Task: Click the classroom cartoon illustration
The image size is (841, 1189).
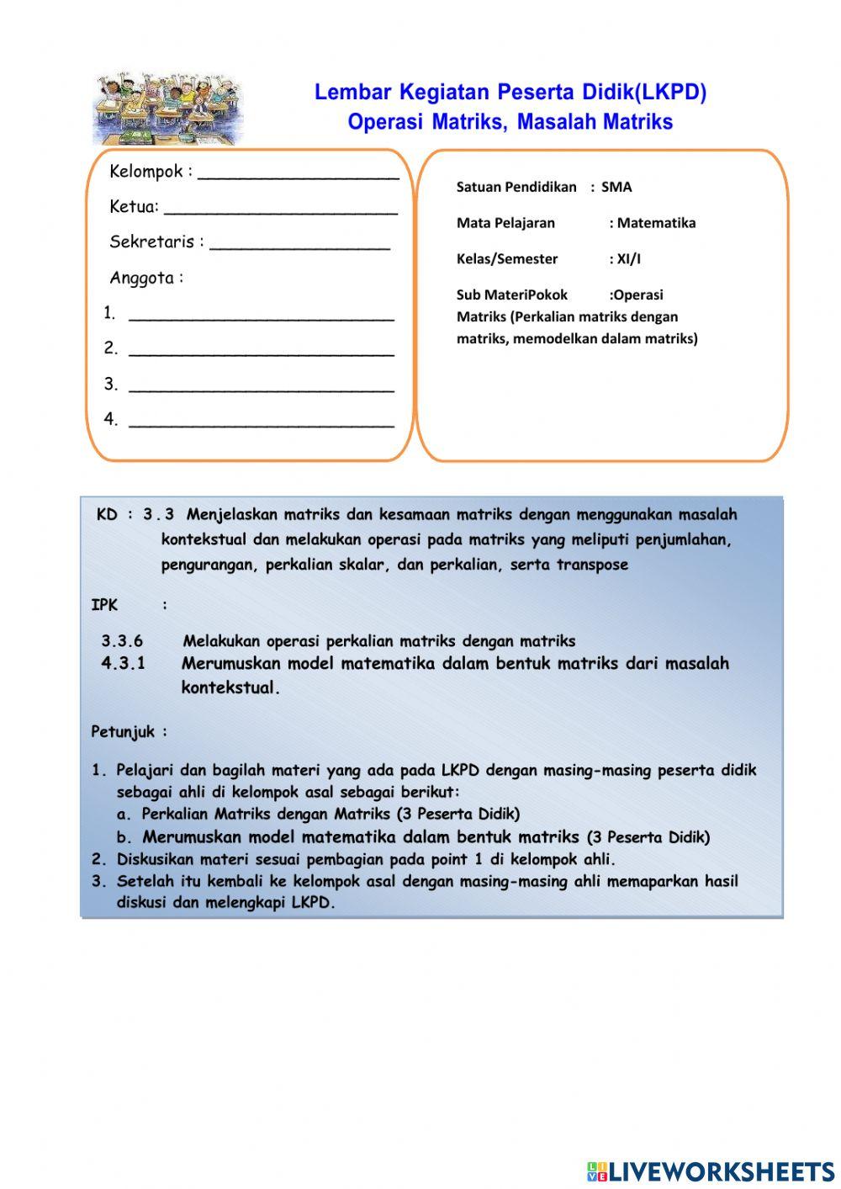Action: [x=168, y=109]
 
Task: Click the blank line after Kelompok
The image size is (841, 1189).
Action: [x=298, y=177]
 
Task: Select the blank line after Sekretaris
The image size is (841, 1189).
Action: [x=299, y=247]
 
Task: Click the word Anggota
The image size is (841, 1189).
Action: [x=141, y=278]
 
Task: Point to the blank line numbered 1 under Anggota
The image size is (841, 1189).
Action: [x=261, y=319]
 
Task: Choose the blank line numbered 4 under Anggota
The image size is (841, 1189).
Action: [x=261, y=425]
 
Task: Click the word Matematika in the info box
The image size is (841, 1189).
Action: [x=656, y=223]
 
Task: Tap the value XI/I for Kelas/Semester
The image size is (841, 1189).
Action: [x=628, y=259]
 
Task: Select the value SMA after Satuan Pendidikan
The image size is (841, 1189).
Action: [x=616, y=187]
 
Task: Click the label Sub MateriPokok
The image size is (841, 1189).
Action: [x=511, y=295]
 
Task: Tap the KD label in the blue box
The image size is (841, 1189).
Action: [x=107, y=514]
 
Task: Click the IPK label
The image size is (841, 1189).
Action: [x=104, y=605]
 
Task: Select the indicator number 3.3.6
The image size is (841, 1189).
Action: [x=122, y=641]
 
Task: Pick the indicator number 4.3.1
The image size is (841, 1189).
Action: [x=123, y=664]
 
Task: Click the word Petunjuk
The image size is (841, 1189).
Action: [x=123, y=732]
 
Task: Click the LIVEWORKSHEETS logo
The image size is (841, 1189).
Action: [x=711, y=1171]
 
